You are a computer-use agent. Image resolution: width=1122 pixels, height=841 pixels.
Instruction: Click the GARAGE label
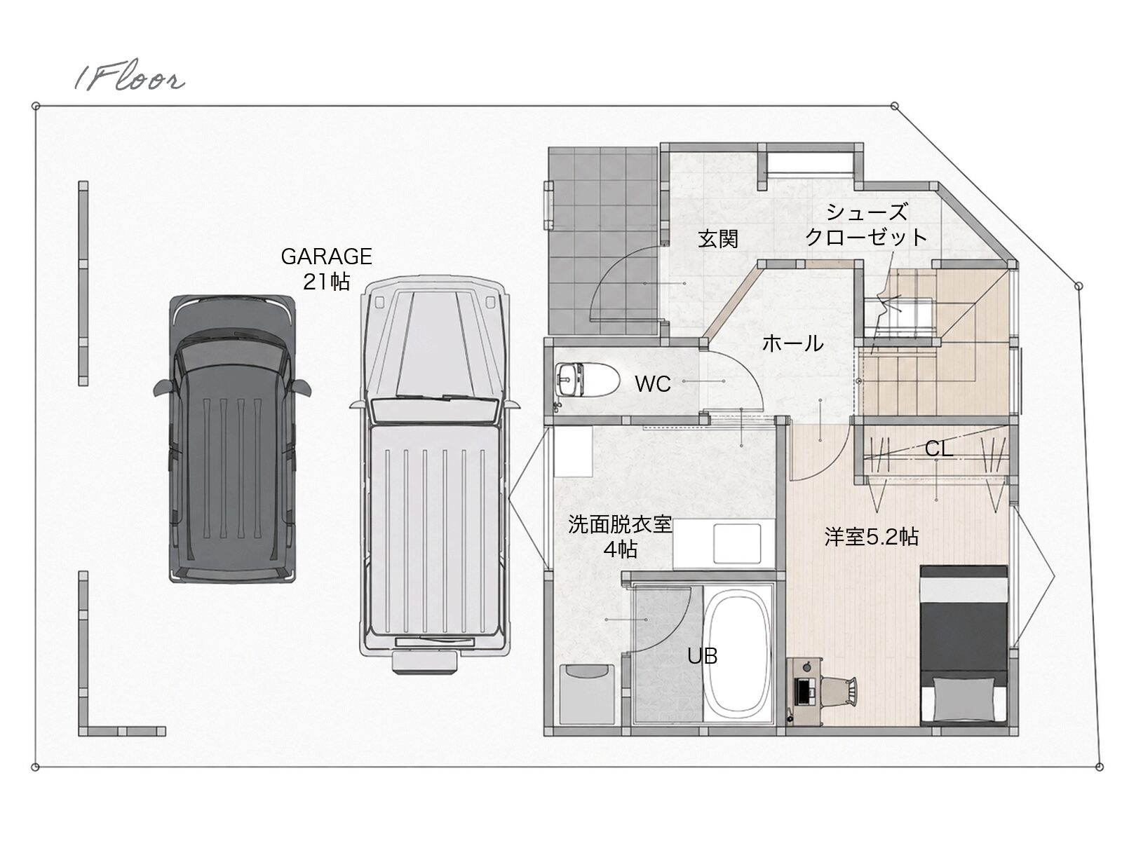point(326,257)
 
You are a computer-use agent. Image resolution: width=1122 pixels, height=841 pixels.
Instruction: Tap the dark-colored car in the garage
point(232,439)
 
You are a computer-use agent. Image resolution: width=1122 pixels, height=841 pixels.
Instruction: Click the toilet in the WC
point(587,379)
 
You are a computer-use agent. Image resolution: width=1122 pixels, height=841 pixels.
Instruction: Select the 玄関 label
point(718,238)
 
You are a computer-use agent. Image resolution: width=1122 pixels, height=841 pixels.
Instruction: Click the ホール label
point(793,343)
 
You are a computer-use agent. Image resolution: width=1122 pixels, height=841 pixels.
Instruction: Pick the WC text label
point(653,384)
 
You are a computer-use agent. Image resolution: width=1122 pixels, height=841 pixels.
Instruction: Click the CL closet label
point(939,449)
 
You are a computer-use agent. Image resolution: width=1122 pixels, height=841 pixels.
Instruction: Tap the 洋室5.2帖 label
point(872,537)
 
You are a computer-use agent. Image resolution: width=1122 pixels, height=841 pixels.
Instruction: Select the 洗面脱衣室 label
point(619,524)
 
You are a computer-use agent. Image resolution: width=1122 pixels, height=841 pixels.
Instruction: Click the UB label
point(703,656)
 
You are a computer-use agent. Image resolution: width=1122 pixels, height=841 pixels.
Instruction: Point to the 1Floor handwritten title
point(130,76)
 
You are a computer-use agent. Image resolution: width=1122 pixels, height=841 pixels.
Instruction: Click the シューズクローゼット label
point(867,224)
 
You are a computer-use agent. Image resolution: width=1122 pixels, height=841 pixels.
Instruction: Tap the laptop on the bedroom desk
point(804,690)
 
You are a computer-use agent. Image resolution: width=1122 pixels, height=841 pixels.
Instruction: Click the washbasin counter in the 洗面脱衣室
point(717,545)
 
